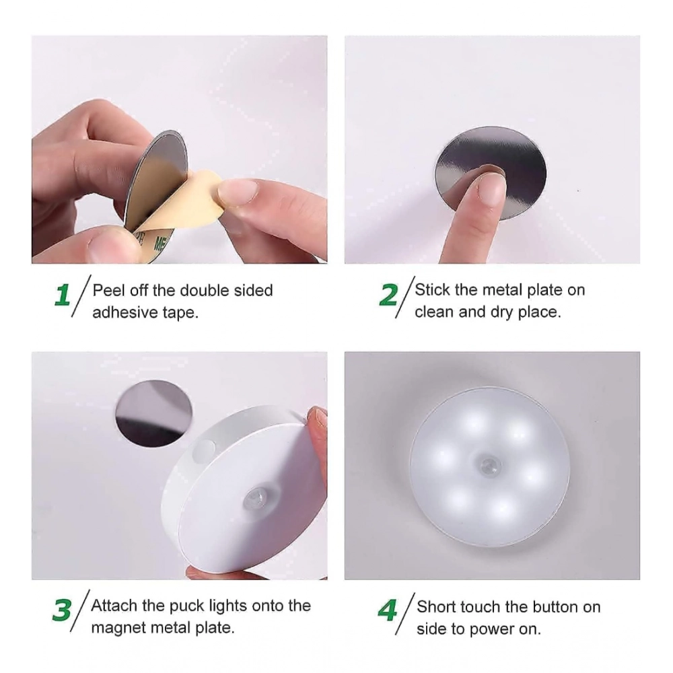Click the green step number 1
[x=63, y=295]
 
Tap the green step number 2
[x=388, y=295]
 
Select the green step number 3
[x=62, y=610]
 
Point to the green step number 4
[x=387, y=610]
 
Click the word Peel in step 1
[x=107, y=291]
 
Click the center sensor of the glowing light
[x=489, y=466]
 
